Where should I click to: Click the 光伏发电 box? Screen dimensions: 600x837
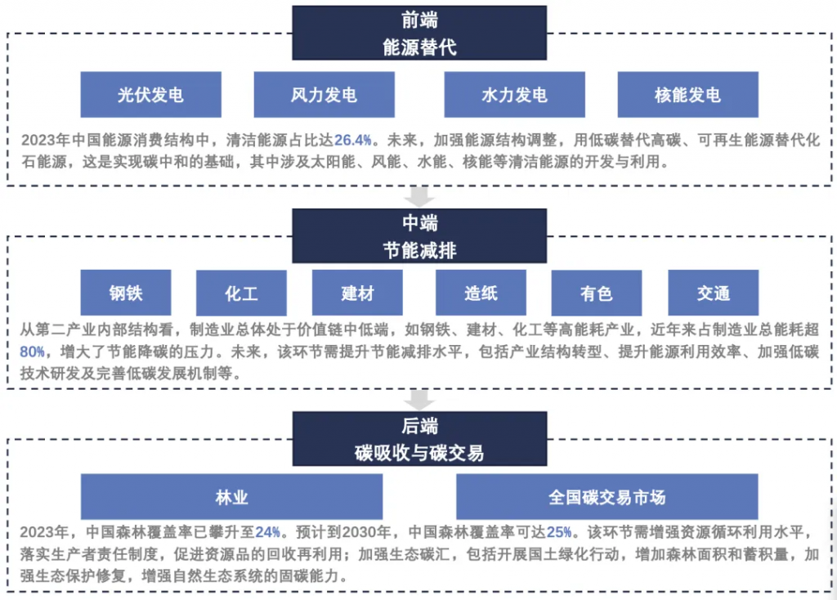[150, 95]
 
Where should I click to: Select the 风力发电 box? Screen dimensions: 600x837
[324, 95]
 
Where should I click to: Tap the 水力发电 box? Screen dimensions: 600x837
[514, 95]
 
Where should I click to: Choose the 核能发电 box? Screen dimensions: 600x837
[687, 95]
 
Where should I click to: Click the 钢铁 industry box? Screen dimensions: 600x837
[126, 293]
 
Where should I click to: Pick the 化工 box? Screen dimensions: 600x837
[241, 293]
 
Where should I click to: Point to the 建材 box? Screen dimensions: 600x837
[357, 293]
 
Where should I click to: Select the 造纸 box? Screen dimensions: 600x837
[481, 293]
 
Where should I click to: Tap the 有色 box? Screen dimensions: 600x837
[597, 293]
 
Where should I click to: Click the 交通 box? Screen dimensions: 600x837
[713, 293]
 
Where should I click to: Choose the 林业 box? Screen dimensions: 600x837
[231, 496]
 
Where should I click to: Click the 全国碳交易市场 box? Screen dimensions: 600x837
[606, 496]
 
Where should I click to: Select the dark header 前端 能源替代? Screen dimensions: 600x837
[419, 33]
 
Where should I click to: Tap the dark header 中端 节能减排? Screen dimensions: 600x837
[419, 235]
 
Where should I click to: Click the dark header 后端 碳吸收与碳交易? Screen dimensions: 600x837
[419, 438]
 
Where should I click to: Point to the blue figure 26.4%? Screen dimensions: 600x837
[352, 138]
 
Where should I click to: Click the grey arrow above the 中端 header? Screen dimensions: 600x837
[420, 197]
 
